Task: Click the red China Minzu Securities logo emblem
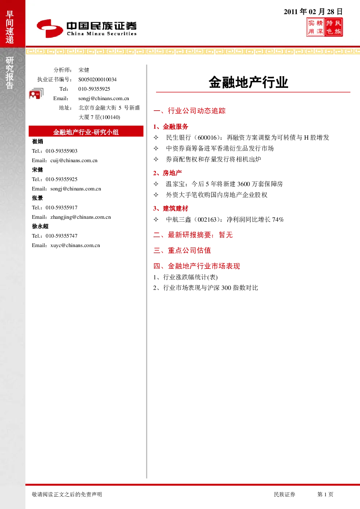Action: (x=50, y=28)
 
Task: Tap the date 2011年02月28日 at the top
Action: (x=313, y=12)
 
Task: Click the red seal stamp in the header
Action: (x=324, y=27)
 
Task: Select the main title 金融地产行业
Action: (x=249, y=82)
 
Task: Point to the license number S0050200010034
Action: (x=97, y=79)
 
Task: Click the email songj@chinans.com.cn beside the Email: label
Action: (x=103, y=98)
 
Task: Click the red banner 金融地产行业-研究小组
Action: (x=86, y=131)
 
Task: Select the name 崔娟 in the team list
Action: (x=37, y=141)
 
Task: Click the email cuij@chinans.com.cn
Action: (x=74, y=160)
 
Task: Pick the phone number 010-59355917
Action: (x=61, y=208)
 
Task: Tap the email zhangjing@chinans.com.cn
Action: (x=81, y=217)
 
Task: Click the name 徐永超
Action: (x=40, y=226)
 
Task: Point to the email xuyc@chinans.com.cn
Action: (x=75, y=245)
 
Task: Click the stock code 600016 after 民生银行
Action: (x=207, y=137)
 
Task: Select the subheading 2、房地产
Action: (x=168, y=173)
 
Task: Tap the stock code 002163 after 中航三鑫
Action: (x=207, y=219)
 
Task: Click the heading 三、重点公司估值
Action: (x=182, y=250)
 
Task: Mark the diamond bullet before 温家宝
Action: (x=156, y=184)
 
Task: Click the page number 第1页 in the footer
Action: (x=325, y=494)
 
